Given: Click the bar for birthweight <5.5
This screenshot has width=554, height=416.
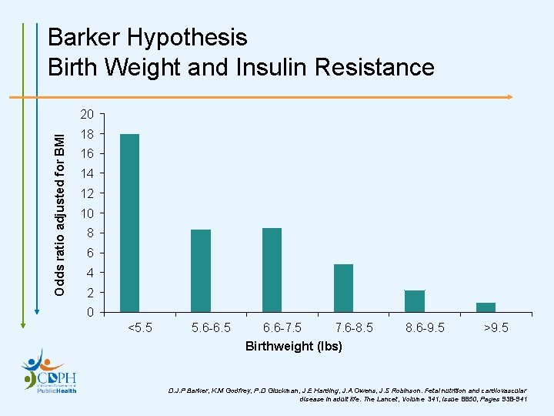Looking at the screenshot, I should click(130, 223).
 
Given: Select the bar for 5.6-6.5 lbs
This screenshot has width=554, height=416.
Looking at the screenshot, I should click(201, 270).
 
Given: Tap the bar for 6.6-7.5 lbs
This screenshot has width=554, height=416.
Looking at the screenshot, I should click(272, 270).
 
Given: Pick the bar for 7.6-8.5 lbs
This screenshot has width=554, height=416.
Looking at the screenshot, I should click(343, 288).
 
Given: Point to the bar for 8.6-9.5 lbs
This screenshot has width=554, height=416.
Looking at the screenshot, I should click(414, 301).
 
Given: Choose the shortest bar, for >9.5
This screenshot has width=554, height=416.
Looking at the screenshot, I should click(486, 307).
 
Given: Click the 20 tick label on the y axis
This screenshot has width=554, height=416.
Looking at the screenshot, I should click(87, 115).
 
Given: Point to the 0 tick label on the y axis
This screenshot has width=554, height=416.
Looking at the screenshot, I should click(90, 313).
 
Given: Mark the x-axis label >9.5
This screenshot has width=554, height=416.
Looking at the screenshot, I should click(495, 328).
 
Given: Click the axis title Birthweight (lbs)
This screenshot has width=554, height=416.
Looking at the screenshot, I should click(293, 346).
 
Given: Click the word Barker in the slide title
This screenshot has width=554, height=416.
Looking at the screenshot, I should click(84, 37).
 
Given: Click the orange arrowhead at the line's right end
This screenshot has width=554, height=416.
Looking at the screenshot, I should click(509, 98).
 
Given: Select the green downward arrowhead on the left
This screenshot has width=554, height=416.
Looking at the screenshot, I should click(24, 324).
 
